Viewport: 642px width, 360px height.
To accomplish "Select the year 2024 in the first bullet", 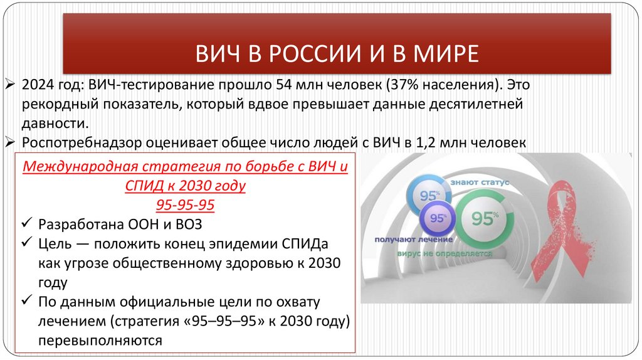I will (38, 85).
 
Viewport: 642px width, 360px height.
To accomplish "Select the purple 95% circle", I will (437, 219).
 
